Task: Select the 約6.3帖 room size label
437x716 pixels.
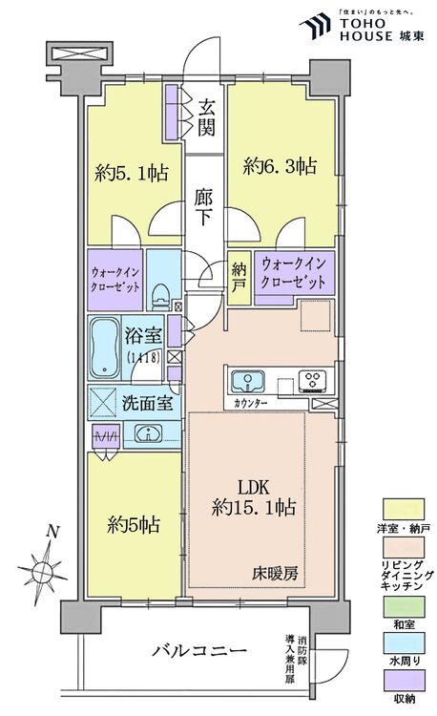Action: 279,165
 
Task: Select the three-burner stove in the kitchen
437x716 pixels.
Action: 311,380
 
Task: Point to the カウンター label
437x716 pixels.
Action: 248,404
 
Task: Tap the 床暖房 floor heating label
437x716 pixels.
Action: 277,573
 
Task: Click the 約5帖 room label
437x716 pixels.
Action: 133,524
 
